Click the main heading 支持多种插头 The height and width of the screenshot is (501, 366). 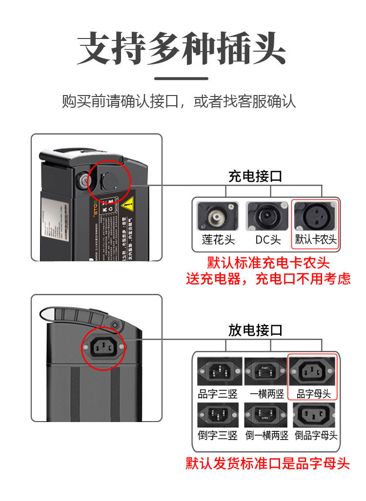pyautogui.click(x=182, y=49)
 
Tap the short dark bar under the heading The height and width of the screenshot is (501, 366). pyautogui.click(x=182, y=78)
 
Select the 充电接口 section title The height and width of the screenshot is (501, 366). pyautogui.click(x=255, y=176)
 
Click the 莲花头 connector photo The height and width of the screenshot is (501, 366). pyautogui.click(x=218, y=216)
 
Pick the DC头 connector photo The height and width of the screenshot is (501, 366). pyautogui.click(x=267, y=216)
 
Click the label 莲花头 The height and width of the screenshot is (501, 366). pyautogui.click(x=218, y=240)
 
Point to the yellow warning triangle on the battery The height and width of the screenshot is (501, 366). pyautogui.click(x=128, y=204)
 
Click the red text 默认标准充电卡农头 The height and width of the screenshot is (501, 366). pyautogui.click(x=268, y=263)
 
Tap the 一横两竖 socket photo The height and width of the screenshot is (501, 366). pyautogui.click(x=266, y=371)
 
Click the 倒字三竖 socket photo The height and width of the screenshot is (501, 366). pyautogui.click(x=218, y=415)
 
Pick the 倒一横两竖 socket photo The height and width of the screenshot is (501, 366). pyautogui.click(x=266, y=415)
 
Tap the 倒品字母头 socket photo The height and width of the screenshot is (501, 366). pyautogui.click(x=315, y=415)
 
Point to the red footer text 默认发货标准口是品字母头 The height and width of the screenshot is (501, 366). pyautogui.click(x=268, y=463)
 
